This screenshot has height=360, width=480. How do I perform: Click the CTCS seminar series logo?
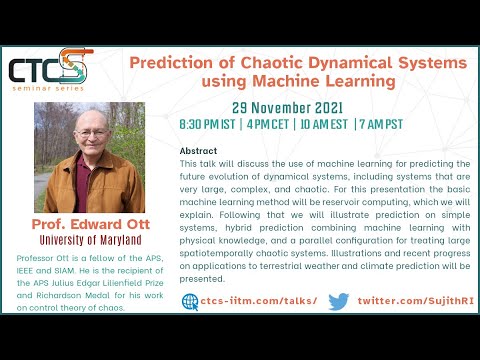(50, 70)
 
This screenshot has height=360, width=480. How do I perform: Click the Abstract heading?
(196, 148)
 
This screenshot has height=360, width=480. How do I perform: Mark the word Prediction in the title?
(175, 63)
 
